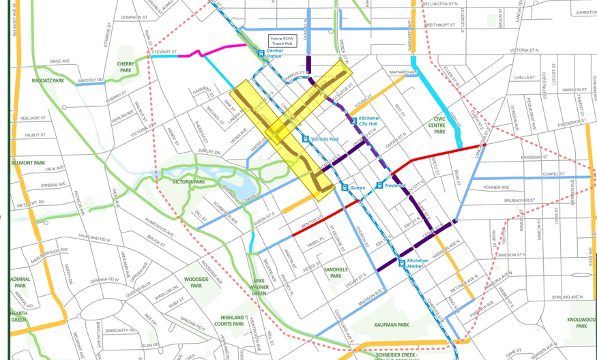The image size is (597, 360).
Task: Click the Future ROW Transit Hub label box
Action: pos(282,40)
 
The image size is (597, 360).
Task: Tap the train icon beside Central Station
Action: pos(261,53)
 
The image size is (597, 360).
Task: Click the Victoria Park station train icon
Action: pos(306,139)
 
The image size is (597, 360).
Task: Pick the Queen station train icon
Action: pos(345,187)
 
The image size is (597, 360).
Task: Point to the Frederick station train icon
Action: pos(379,185)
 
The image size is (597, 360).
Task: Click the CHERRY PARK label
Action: pos(126,67)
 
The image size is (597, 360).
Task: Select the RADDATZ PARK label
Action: pos(48,80)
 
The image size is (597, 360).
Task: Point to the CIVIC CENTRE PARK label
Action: pos(438,122)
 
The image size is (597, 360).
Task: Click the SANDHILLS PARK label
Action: pos(335,273)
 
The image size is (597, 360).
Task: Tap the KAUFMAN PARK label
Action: pos(392,326)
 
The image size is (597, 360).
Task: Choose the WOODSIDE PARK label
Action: pos(196,282)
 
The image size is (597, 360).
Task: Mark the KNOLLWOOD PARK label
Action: pos(581,323)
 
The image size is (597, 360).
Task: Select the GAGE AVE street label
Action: pos(59,61)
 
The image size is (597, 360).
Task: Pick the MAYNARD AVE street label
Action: pos(403,72)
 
